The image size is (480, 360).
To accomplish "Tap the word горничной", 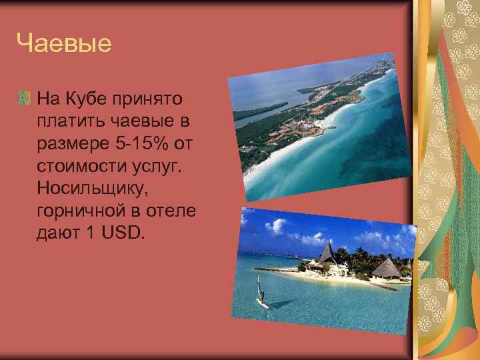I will click(79, 210).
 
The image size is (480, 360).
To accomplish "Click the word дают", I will click(56, 232).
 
